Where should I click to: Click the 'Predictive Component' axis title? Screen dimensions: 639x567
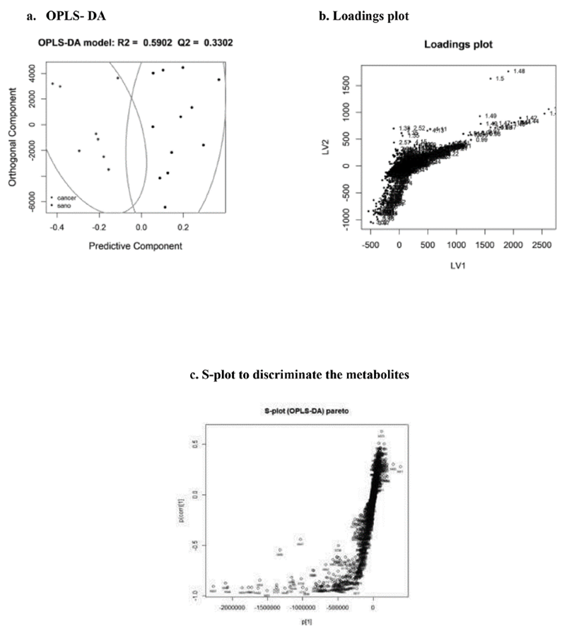(134, 246)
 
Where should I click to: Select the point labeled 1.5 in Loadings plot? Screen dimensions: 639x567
(491, 78)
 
